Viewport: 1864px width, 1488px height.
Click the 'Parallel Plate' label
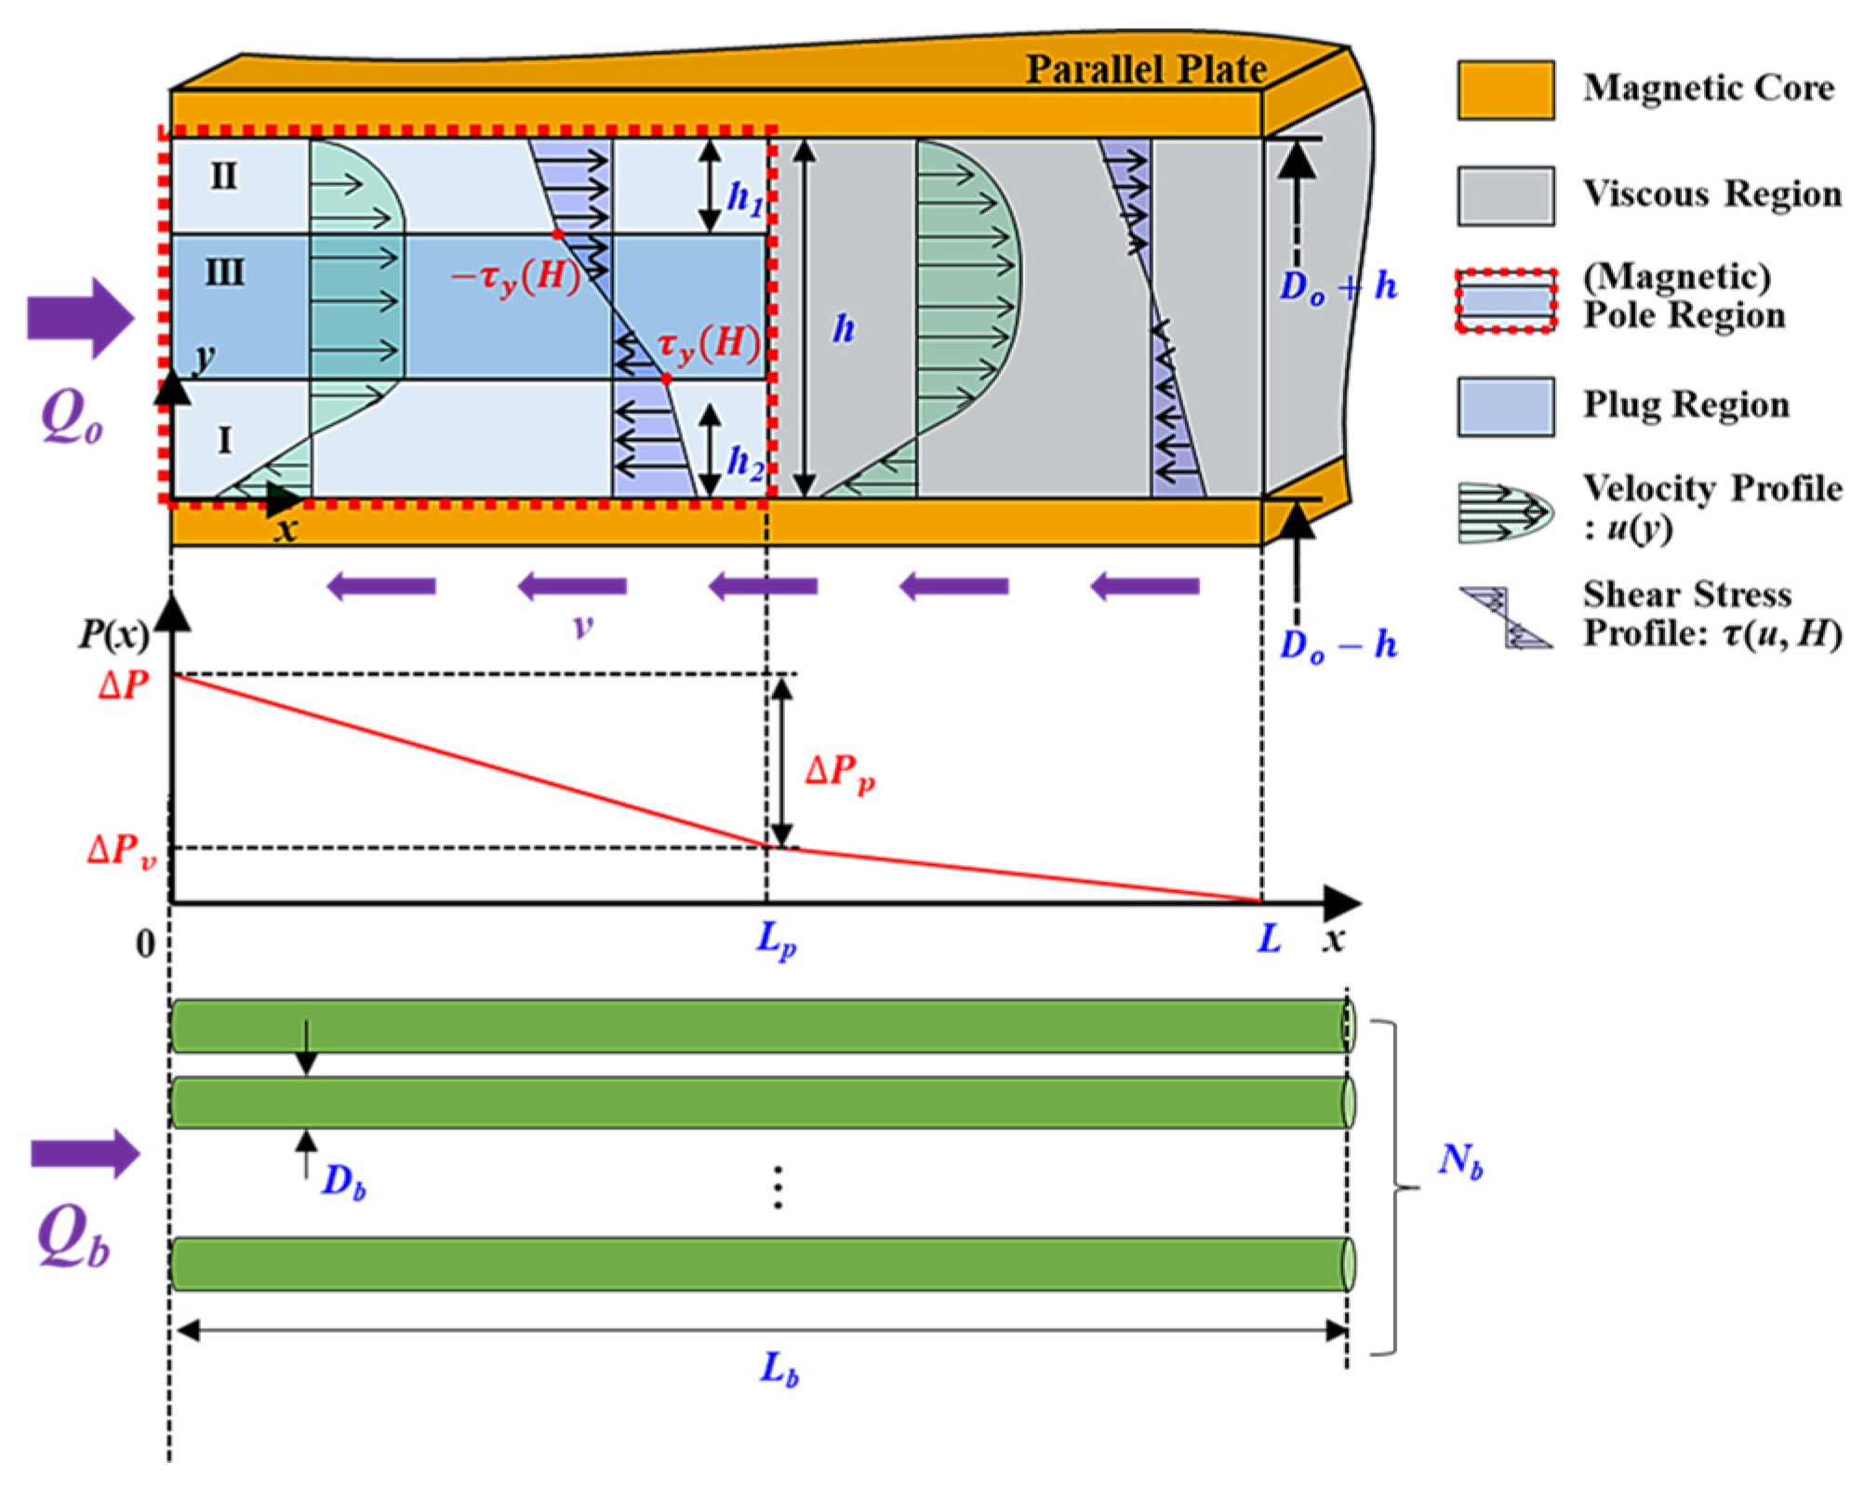pyautogui.click(x=1145, y=70)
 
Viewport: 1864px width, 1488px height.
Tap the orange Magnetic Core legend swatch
pyautogui.click(x=1505, y=90)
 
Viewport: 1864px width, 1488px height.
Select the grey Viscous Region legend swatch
pyautogui.click(x=1505, y=195)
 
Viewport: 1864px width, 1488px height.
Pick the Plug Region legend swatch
pyautogui.click(x=1505, y=406)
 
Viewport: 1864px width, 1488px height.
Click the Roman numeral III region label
pyautogui.click(x=224, y=273)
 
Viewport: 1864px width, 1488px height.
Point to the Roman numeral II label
pyautogui.click(x=223, y=176)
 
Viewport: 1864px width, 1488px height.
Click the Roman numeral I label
pyautogui.click(x=224, y=439)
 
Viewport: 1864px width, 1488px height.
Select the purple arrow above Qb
pyautogui.click(x=85, y=1154)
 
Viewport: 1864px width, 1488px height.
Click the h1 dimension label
pyautogui.click(x=744, y=198)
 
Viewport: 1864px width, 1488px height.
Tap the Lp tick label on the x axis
pyautogui.click(x=776, y=940)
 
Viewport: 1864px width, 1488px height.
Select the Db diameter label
pyautogui.click(x=343, y=1182)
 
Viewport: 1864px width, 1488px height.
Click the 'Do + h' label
pyautogui.click(x=1338, y=287)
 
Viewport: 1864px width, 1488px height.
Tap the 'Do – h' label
pyautogui.click(x=1338, y=644)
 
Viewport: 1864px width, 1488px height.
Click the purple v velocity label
pyautogui.click(x=582, y=625)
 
